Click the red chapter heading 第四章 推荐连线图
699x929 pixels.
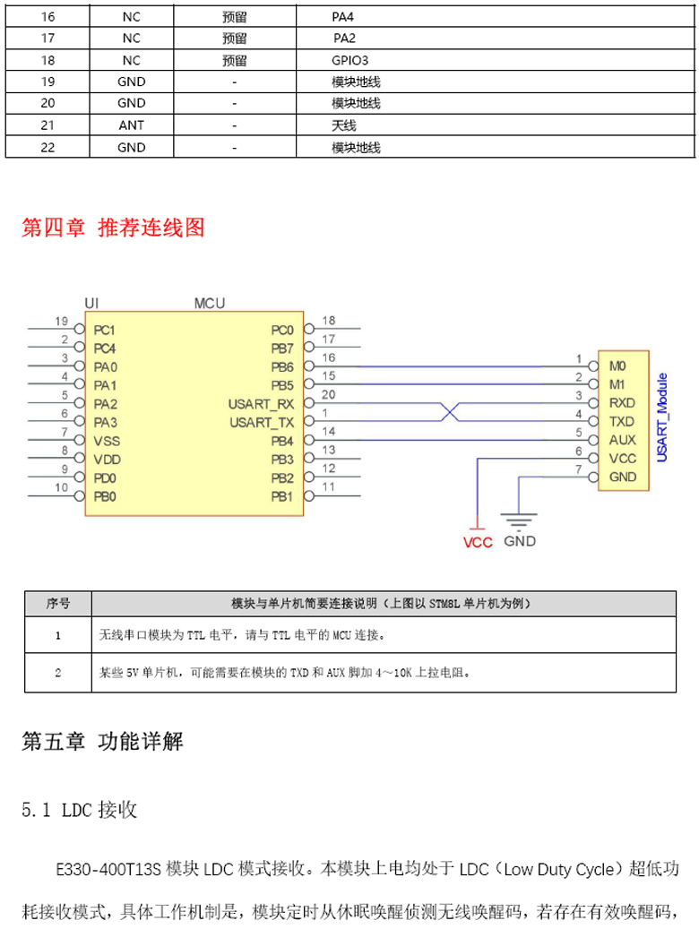[113, 228]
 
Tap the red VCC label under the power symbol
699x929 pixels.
[478, 542]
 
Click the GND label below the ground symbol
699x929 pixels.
[520, 541]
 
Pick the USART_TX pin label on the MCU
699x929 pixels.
[262, 422]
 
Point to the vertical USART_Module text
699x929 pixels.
[662, 417]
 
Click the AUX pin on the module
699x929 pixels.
[622, 440]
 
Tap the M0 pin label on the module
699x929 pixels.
[617, 366]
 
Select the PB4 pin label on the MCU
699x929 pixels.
[282, 441]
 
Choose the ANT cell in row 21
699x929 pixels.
[132, 125]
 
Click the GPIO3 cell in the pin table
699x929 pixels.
[349, 60]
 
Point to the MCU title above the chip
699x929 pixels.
[209, 304]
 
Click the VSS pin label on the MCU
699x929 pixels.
[107, 441]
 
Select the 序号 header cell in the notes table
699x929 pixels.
[58, 603]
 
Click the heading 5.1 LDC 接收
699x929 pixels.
[80, 811]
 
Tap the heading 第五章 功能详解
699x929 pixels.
[102, 742]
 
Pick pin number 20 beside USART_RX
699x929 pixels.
[329, 394]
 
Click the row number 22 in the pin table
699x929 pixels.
[48, 147]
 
